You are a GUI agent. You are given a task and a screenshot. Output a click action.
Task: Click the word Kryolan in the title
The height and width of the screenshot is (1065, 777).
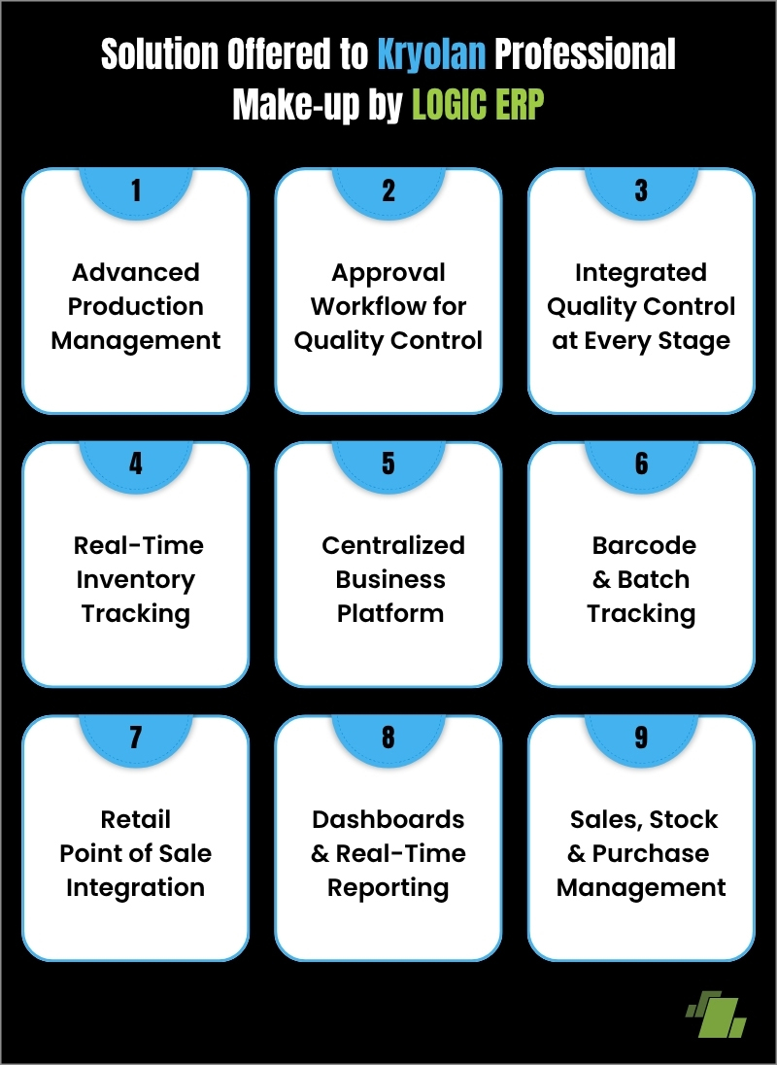431,55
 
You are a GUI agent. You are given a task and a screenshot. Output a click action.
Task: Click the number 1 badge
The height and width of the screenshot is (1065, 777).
136,190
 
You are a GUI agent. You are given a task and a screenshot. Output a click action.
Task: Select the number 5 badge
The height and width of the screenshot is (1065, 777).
388,464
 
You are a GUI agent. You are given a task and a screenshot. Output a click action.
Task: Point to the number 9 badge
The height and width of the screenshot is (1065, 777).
641,738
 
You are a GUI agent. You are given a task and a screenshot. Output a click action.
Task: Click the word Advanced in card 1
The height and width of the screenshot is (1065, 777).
136,272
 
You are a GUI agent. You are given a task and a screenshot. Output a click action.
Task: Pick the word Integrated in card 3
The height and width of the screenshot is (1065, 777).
641,272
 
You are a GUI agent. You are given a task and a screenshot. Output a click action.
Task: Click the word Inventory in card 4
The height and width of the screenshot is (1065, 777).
136,579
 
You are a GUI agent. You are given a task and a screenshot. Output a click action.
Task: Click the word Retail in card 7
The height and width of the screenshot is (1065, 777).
136,819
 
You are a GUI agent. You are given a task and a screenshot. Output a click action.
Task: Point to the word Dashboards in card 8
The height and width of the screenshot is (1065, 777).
388,819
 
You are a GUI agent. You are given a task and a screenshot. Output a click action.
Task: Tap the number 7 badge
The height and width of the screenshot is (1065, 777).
136,738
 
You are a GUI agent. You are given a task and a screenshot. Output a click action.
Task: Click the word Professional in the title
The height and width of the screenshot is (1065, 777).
585,55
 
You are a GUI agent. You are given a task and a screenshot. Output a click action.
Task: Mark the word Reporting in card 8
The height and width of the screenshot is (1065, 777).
388,887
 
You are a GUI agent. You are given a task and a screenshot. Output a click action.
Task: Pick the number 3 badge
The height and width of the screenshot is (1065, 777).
641,190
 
